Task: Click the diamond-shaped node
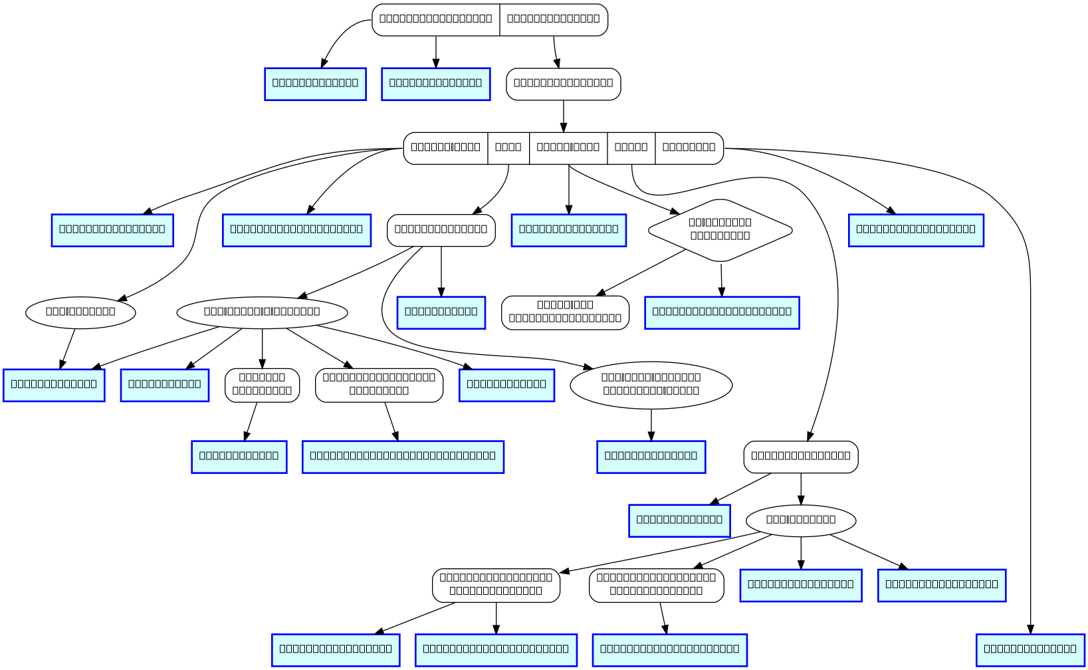click(720, 230)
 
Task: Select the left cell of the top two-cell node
click(435, 19)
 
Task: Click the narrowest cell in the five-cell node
click(508, 148)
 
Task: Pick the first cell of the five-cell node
click(445, 148)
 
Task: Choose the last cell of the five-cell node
click(689, 148)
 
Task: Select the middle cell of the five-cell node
click(568, 148)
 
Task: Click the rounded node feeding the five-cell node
click(564, 84)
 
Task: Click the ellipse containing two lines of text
click(651, 384)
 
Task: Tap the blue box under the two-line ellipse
click(651, 457)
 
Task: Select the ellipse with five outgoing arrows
click(262, 311)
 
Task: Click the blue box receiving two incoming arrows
click(54, 385)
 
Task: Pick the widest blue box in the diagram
click(403, 457)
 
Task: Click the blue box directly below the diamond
click(722, 312)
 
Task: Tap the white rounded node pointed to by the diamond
click(565, 312)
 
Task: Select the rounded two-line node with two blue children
click(496, 585)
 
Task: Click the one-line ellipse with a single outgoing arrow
click(80, 311)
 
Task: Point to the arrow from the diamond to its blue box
click(721, 279)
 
